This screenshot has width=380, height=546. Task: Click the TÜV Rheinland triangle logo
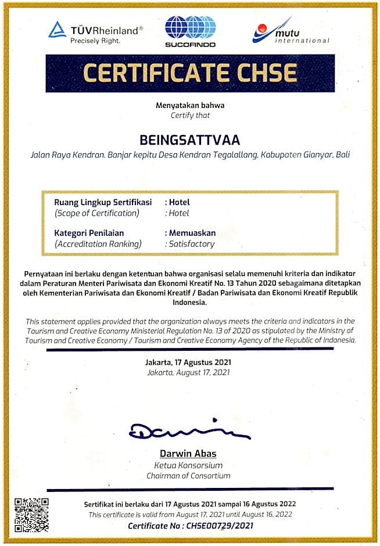click(57, 30)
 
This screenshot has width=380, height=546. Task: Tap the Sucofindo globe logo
click(190, 28)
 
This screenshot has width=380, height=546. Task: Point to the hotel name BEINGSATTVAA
click(189, 141)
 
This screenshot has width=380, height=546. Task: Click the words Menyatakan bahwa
click(189, 105)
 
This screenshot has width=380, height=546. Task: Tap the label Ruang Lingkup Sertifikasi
click(103, 202)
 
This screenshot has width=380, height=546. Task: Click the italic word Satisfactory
click(192, 244)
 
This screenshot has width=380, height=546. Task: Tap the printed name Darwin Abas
click(189, 454)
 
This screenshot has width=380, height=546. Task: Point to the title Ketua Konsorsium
click(189, 465)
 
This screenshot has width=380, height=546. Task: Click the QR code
click(31, 515)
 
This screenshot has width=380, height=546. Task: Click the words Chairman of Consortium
click(189, 476)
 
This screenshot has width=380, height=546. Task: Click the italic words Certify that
click(189, 115)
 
